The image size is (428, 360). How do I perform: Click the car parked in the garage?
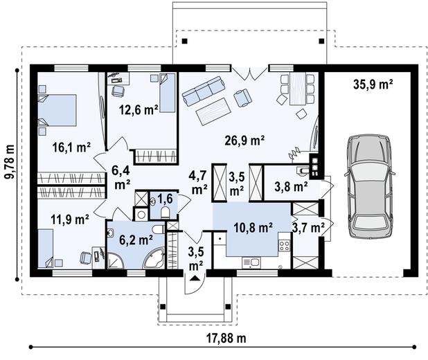[x=369, y=187]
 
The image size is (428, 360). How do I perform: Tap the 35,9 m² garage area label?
[x=373, y=84]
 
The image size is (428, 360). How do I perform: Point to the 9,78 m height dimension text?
[x=10, y=161]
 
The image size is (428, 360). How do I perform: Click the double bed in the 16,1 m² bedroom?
[x=57, y=110]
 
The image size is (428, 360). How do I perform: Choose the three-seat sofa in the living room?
[x=204, y=91]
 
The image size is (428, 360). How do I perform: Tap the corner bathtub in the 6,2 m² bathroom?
[x=154, y=258]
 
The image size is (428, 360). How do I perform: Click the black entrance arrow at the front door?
[x=195, y=278]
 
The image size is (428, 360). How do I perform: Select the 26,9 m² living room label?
[x=244, y=141]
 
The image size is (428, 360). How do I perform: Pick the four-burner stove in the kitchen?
[x=284, y=245]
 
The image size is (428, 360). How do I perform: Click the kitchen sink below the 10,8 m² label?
[x=251, y=263]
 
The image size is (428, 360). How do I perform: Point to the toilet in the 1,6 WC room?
[x=166, y=213]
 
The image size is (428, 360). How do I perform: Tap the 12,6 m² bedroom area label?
[x=139, y=110]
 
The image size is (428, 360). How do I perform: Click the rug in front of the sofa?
[x=213, y=111]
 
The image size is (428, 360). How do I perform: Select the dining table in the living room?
[x=298, y=89]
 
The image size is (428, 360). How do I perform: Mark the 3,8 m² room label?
[x=292, y=187]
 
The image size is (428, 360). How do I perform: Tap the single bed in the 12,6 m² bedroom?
[x=168, y=93]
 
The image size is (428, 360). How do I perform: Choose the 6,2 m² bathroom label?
[x=136, y=240]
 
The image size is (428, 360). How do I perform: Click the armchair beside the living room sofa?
[x=242, y=98]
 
